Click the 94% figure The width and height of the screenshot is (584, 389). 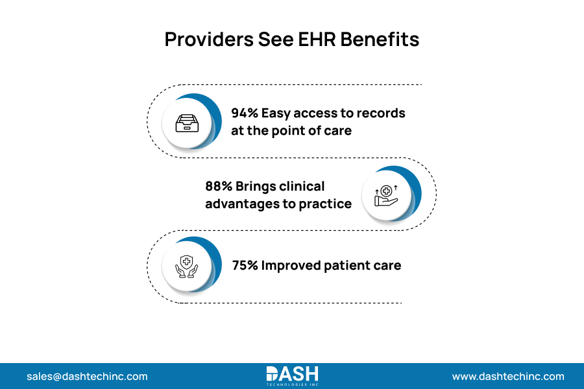[245, 113]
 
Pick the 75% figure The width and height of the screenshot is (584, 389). [245, 266]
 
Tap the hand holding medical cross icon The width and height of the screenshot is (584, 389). [386, 195]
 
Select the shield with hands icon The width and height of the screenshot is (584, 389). [188, 266]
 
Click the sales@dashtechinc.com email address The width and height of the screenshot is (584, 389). [87, 376]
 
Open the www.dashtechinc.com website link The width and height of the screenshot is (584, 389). [508, 376]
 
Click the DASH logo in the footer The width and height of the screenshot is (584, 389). [292, 375]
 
